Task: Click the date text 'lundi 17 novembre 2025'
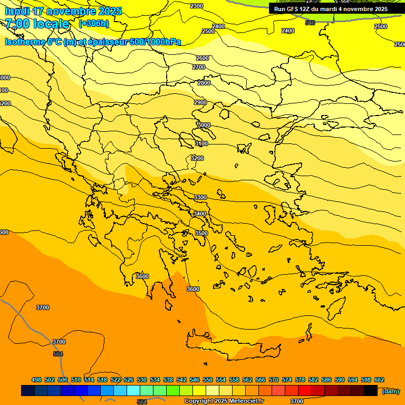point(63,11)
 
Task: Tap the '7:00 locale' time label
point(37,24)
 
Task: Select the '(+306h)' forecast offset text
point(93,24)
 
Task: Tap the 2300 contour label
point(196,6)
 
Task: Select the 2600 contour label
point(202,58)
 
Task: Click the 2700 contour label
point(199,67)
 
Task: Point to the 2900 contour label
point(200,102)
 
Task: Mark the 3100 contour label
point(201,143)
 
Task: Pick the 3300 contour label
point(200,197)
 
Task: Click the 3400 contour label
point(200,214)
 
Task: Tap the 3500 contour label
point(201,233)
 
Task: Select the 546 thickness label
point(310,23)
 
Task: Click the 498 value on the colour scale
point(36,380)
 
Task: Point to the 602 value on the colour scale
point(379,380)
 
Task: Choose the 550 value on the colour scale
point(208,380)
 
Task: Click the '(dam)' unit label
point(390,391)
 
